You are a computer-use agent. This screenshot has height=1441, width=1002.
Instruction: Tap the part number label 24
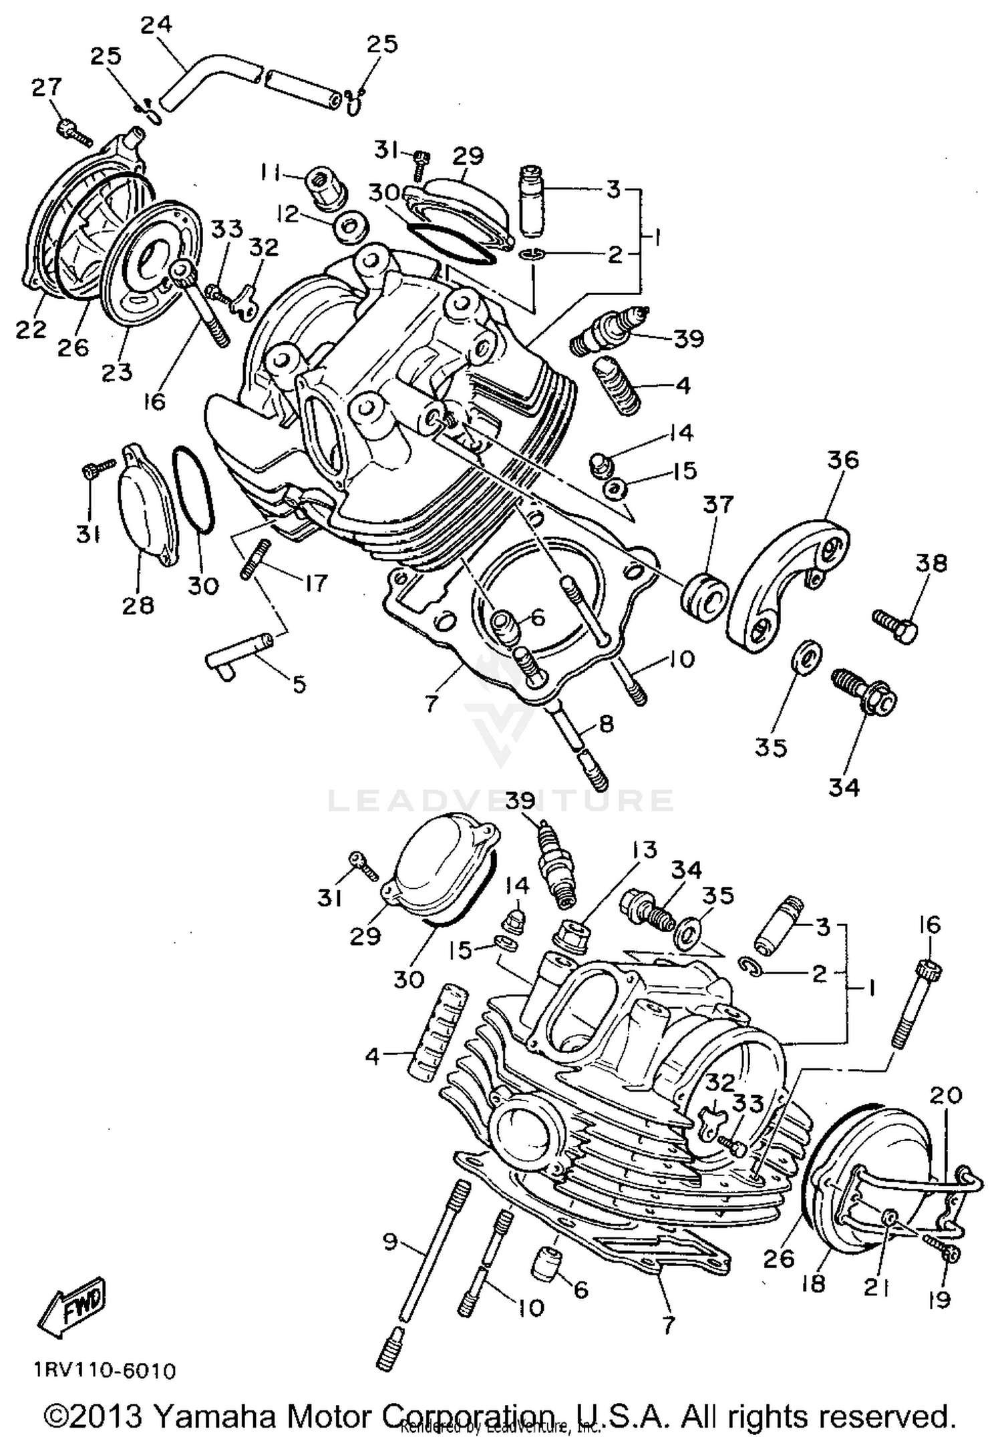[x=156, y=25]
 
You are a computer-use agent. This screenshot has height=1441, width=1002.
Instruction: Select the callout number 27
[x=47, y=87]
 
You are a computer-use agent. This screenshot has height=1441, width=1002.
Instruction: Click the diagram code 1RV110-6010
[x=105, y=1371]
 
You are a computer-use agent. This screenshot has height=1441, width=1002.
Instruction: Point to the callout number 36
[x=843, y=460]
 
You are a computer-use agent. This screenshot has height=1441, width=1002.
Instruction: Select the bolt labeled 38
[x=895, y=624]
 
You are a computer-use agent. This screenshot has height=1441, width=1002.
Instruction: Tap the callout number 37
[x=718, y=505]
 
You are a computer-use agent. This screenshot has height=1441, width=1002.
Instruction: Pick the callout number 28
[x=138, y=605]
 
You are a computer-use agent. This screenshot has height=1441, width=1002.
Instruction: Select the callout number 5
[x=299, y=684]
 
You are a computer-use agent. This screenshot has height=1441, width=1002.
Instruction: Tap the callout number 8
[x=605, y=725]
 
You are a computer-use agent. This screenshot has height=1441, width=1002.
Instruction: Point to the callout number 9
[x=389, y=1241]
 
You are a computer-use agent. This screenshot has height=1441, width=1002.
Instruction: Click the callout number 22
[x=31, y=329]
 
